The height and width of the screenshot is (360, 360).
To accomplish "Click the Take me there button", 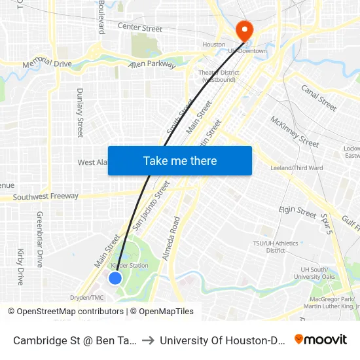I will pos(180,160).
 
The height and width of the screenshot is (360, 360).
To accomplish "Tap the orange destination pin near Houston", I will pos(244,29).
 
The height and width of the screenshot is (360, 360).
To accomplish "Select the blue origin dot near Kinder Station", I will pos(115,278).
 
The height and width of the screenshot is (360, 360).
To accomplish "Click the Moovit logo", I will pos(320,339).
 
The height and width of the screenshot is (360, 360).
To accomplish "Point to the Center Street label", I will pos(140,28).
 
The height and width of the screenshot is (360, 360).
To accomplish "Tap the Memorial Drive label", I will pos(47,64).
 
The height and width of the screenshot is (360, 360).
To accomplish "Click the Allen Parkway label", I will pos(152,64).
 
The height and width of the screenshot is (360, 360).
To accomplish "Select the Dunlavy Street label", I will pos(80,113).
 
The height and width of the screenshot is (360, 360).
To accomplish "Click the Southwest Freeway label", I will pos(46,196).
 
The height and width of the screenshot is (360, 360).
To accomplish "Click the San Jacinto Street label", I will pos(151,206).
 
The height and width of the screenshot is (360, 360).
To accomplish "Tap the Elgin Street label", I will pos(298,211).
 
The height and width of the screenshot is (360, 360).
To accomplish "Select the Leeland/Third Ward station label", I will pos(297,168).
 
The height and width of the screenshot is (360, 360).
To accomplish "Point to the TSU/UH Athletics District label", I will pos(276,247).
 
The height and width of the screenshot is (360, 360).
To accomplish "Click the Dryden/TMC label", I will pos(87,297).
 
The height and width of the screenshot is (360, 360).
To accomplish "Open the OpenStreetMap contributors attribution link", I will pos(70,312).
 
